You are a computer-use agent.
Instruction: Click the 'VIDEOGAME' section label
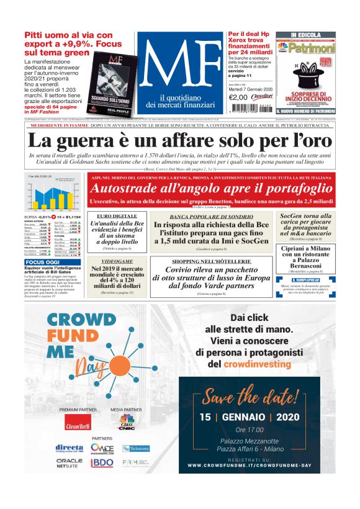112,262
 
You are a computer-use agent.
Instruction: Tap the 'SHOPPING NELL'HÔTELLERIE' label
211,262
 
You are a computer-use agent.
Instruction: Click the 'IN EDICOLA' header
305,35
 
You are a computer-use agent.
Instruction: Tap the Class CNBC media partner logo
127,423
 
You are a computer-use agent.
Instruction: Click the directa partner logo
69,448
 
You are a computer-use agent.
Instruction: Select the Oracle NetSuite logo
69,463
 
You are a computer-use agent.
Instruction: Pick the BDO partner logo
102,463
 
